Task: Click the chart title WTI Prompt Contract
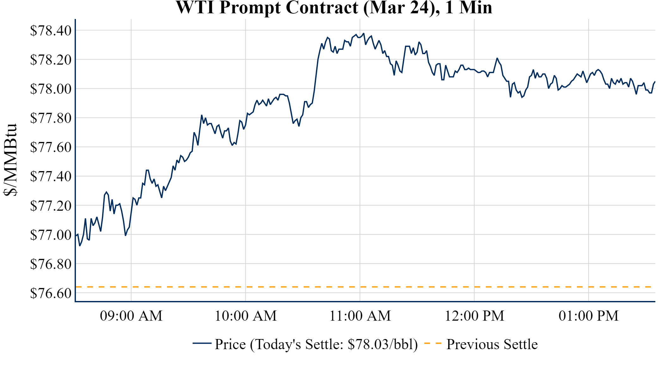pyautogui.click(x=334, y=8)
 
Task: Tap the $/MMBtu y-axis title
pyautogui.click(x=10, y=160)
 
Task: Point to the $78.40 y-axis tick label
pyautogui.click(x=51, y=31)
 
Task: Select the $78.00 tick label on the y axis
pyautogui.click(x=51, y=89)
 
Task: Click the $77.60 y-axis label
pyautogui.click(x=51, y=147)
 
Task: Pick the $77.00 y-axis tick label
pyautogui.click(x=51, y=235)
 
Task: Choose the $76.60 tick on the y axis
pyautogui.click(x=51, y=293)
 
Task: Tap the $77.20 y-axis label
pyautogui.click(x=51, y=206)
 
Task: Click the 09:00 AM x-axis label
pyautogui.click(x=131, y=316)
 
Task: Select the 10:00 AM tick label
pyautogui.click(x=246, y=316)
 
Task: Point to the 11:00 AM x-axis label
pyautogui.click(x=360, y=316)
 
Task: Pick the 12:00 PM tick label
pyautogui.click(x=474, y=316)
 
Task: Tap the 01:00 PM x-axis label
pyautogui.click(x=589, y=316)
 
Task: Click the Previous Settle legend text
pyautogui.click(x=492, y=344)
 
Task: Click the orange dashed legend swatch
pyautogui.click(x=433, y=343)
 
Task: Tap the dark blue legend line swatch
pyautogui.click(x=202, y=343)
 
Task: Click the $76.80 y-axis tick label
pyautogui.click(x=51, y=264)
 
